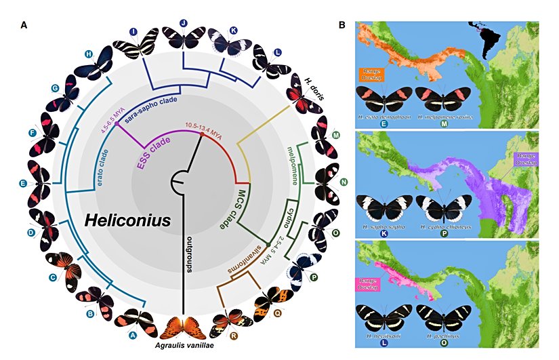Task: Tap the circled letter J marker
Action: tap(184, 23)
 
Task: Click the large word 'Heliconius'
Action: tap(127, 220)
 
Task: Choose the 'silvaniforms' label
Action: tap(241, 262)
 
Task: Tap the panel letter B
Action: tap(342, 25)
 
